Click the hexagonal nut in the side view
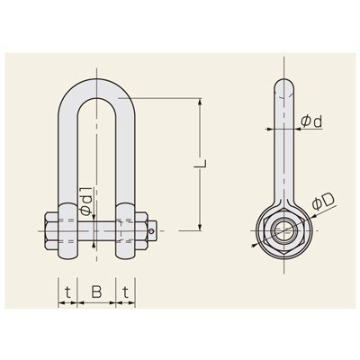pyautogui.click(x=282, y=229)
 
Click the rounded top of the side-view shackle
pyautogui.click(x=282, y=87)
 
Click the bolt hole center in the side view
pyautogui.click(x=282, y=229)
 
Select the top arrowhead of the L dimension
pyautogui.click(x=197, y=102)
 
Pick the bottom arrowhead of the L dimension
pyautogui.click(x=197, y=227)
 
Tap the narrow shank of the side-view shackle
pyautogui.click(x=282, y=153)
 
